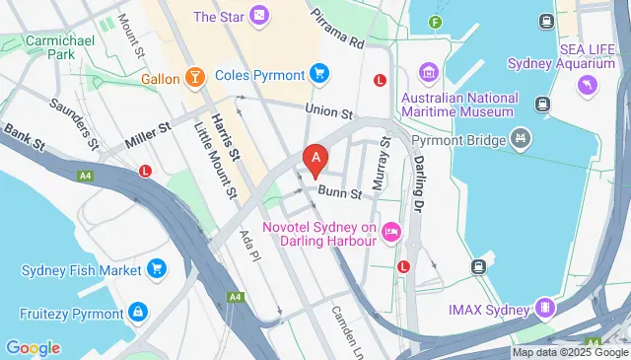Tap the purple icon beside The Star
point(257,16)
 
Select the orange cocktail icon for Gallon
point(195,77)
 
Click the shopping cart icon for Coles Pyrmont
point(318,73)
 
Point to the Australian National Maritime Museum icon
point(428,73)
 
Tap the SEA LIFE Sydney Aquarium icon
point(589,86)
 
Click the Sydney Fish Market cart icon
point(157,268)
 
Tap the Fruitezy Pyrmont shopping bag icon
point(138,313)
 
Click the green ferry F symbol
point(436,22)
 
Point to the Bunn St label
point(334,193)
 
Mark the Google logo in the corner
point(33,347)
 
